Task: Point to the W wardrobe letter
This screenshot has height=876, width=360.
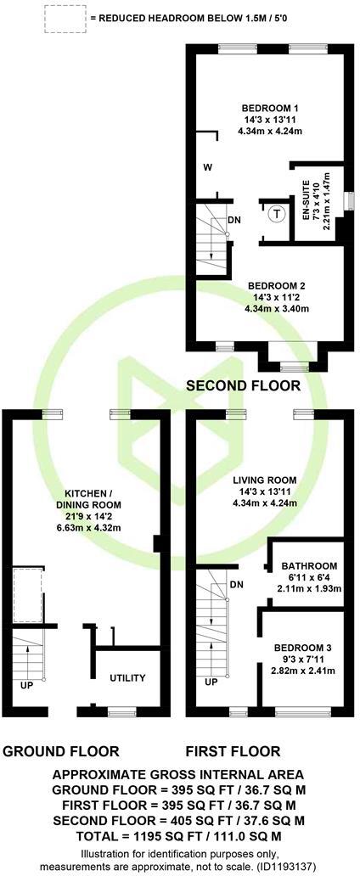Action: click(x=207, y=167)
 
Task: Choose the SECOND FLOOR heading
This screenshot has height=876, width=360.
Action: click(x=243, y=385)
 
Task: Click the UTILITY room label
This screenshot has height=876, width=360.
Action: click(x=127, y=678)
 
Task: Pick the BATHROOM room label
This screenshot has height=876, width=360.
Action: click(x=310, y=566)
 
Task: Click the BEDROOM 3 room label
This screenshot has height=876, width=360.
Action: click(x=310, y=648)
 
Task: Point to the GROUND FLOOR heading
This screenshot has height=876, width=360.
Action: click(x=61, y=751)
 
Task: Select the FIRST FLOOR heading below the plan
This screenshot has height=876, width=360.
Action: click(x=234, y=751)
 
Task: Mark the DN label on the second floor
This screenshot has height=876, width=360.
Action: click(x=234, y=221)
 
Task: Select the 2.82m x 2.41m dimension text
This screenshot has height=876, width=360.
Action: click(x=310, y=671)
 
